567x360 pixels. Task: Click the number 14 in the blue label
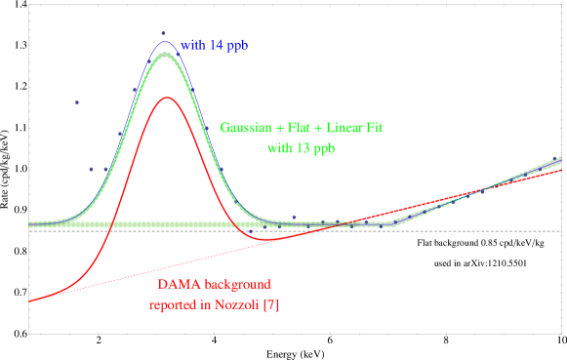pos(216,46)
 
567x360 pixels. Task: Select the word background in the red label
pos(239,285)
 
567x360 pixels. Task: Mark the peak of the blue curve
pos(166,41)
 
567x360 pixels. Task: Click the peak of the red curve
pos(166,98)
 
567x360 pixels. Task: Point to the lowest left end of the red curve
pos(30,300)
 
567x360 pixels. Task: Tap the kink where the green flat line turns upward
pos(393,224)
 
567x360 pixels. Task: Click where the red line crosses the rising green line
pos(481,189)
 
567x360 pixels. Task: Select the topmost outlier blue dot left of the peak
pos(77,102)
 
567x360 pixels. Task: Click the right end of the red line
pos(561,170)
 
